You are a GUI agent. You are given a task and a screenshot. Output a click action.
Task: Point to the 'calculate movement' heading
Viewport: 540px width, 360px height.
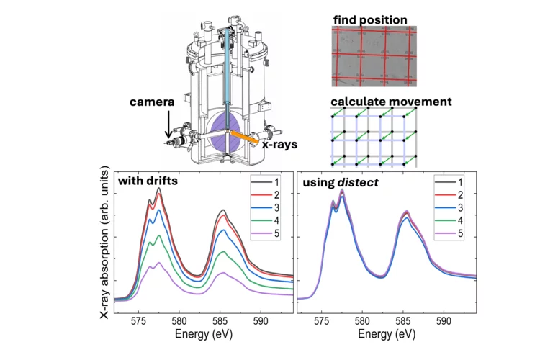tap(392, 102)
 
